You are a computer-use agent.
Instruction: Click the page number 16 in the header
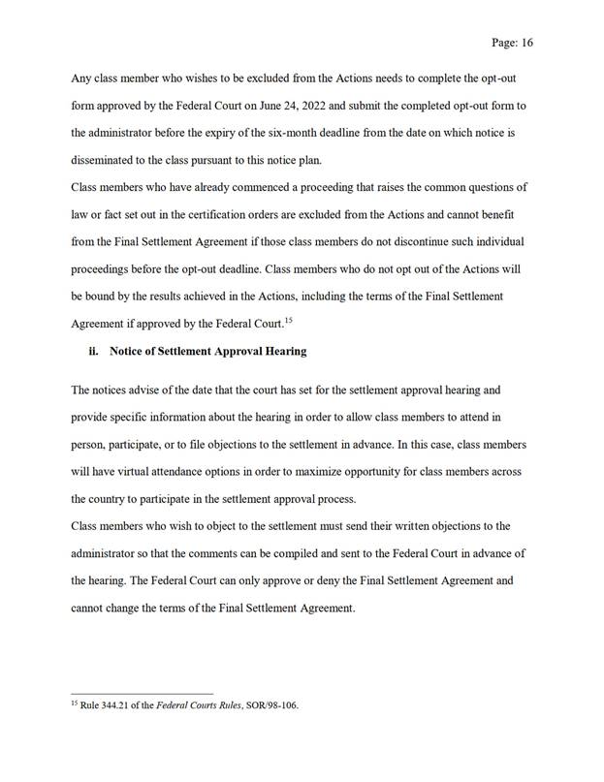[527, 43]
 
